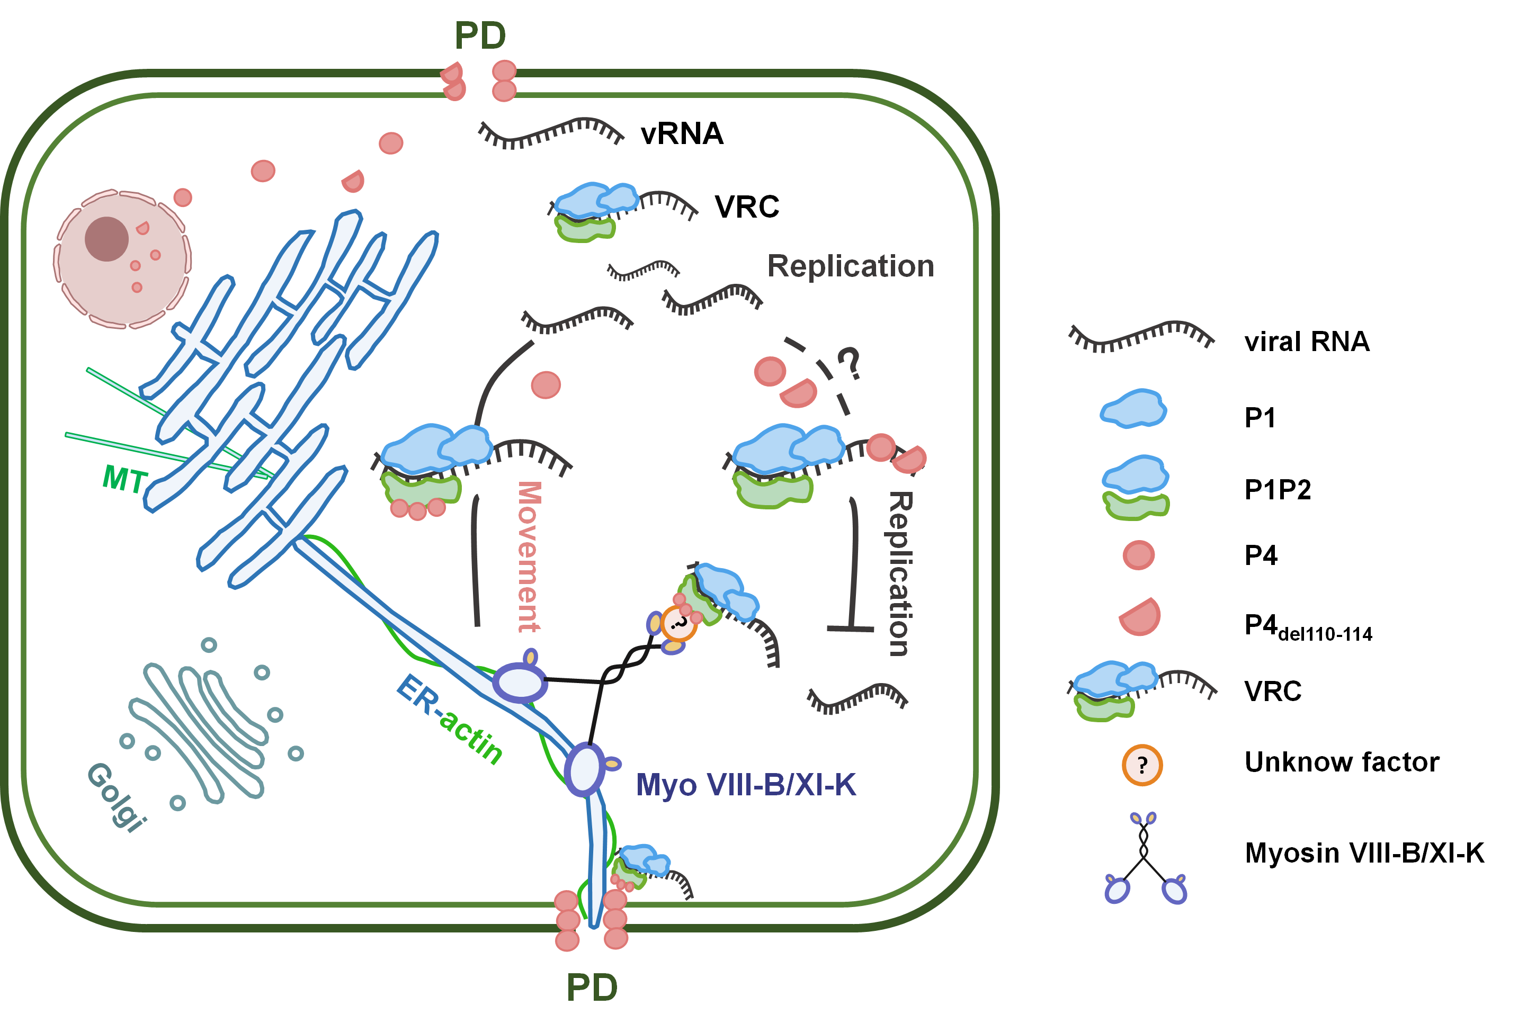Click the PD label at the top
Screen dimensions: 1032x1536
point(480,35)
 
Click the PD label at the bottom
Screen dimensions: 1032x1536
point(591,987)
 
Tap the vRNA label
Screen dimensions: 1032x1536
point(682,133)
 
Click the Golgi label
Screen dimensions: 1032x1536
point(117,797)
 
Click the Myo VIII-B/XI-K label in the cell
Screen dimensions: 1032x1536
point(745,785)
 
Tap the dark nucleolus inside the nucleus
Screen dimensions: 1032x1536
point(106,239)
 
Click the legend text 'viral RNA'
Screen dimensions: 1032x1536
point(1306,342)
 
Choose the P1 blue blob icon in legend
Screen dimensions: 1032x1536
point(1133,409)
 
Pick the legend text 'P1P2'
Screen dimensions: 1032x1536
point(1277,490)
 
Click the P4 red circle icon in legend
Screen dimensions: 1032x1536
point(1138,555)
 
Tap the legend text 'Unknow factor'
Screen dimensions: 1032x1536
point(1341,761)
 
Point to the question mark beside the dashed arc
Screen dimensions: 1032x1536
point(850,363)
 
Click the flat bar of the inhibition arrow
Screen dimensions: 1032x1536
point(850,629)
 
